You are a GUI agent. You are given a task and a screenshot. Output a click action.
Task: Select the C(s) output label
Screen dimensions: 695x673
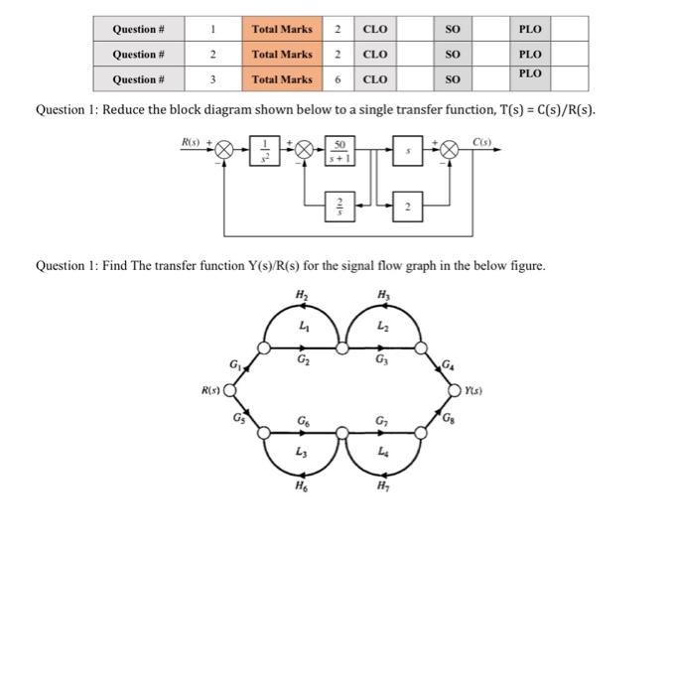coord(482,142)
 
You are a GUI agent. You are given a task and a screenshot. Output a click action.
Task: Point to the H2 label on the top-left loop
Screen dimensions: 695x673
coord(302,294)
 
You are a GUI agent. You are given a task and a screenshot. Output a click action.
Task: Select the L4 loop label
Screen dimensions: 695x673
coord(382,453)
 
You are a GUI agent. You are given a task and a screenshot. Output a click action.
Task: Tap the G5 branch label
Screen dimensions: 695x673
coord(237,417)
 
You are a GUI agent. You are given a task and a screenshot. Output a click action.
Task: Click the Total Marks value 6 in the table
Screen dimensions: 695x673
coord(338,79)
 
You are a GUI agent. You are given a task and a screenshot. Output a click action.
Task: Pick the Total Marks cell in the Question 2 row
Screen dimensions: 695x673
coord(282,55)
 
